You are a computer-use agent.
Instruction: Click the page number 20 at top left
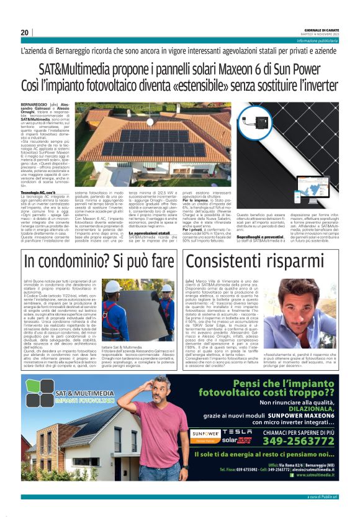(x=25, y=32)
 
